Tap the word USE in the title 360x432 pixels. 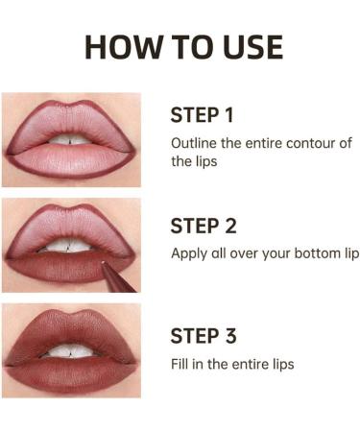(x=246, y=47)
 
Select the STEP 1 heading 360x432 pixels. (x=203, y=116)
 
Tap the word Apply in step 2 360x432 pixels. (x=189, y=254)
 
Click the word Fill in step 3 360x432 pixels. (x=180, y=364)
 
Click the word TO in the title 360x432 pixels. (x=183, y=47)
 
